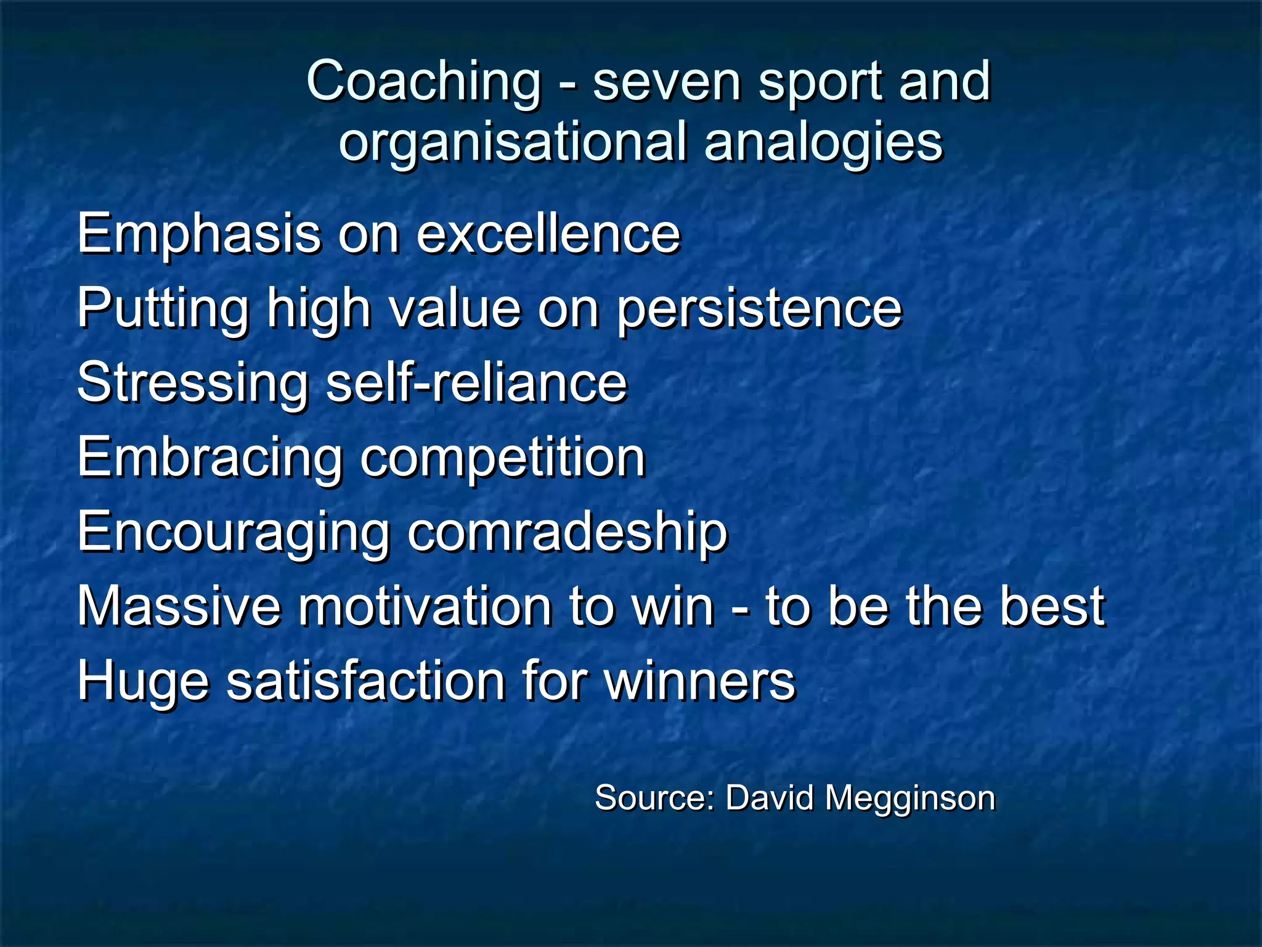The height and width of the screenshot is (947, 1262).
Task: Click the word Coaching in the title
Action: (424, 82)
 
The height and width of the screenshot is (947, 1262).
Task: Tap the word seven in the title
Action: (666, 82)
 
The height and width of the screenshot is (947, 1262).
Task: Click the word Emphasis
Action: (199, 234)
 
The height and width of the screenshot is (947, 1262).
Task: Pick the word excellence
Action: (548, 234)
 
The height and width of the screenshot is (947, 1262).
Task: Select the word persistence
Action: (759, 309)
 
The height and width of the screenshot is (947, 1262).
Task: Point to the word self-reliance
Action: (476, 382)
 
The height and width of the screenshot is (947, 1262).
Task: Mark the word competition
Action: (502, 458)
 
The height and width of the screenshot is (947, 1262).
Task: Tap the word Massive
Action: (179, 607)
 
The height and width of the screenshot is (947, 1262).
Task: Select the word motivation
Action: (425, 607)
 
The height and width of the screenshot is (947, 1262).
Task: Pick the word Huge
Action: (143, 682)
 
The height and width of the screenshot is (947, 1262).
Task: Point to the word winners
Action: (699, 682)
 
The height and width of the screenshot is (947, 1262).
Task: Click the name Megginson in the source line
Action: (910, 798)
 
